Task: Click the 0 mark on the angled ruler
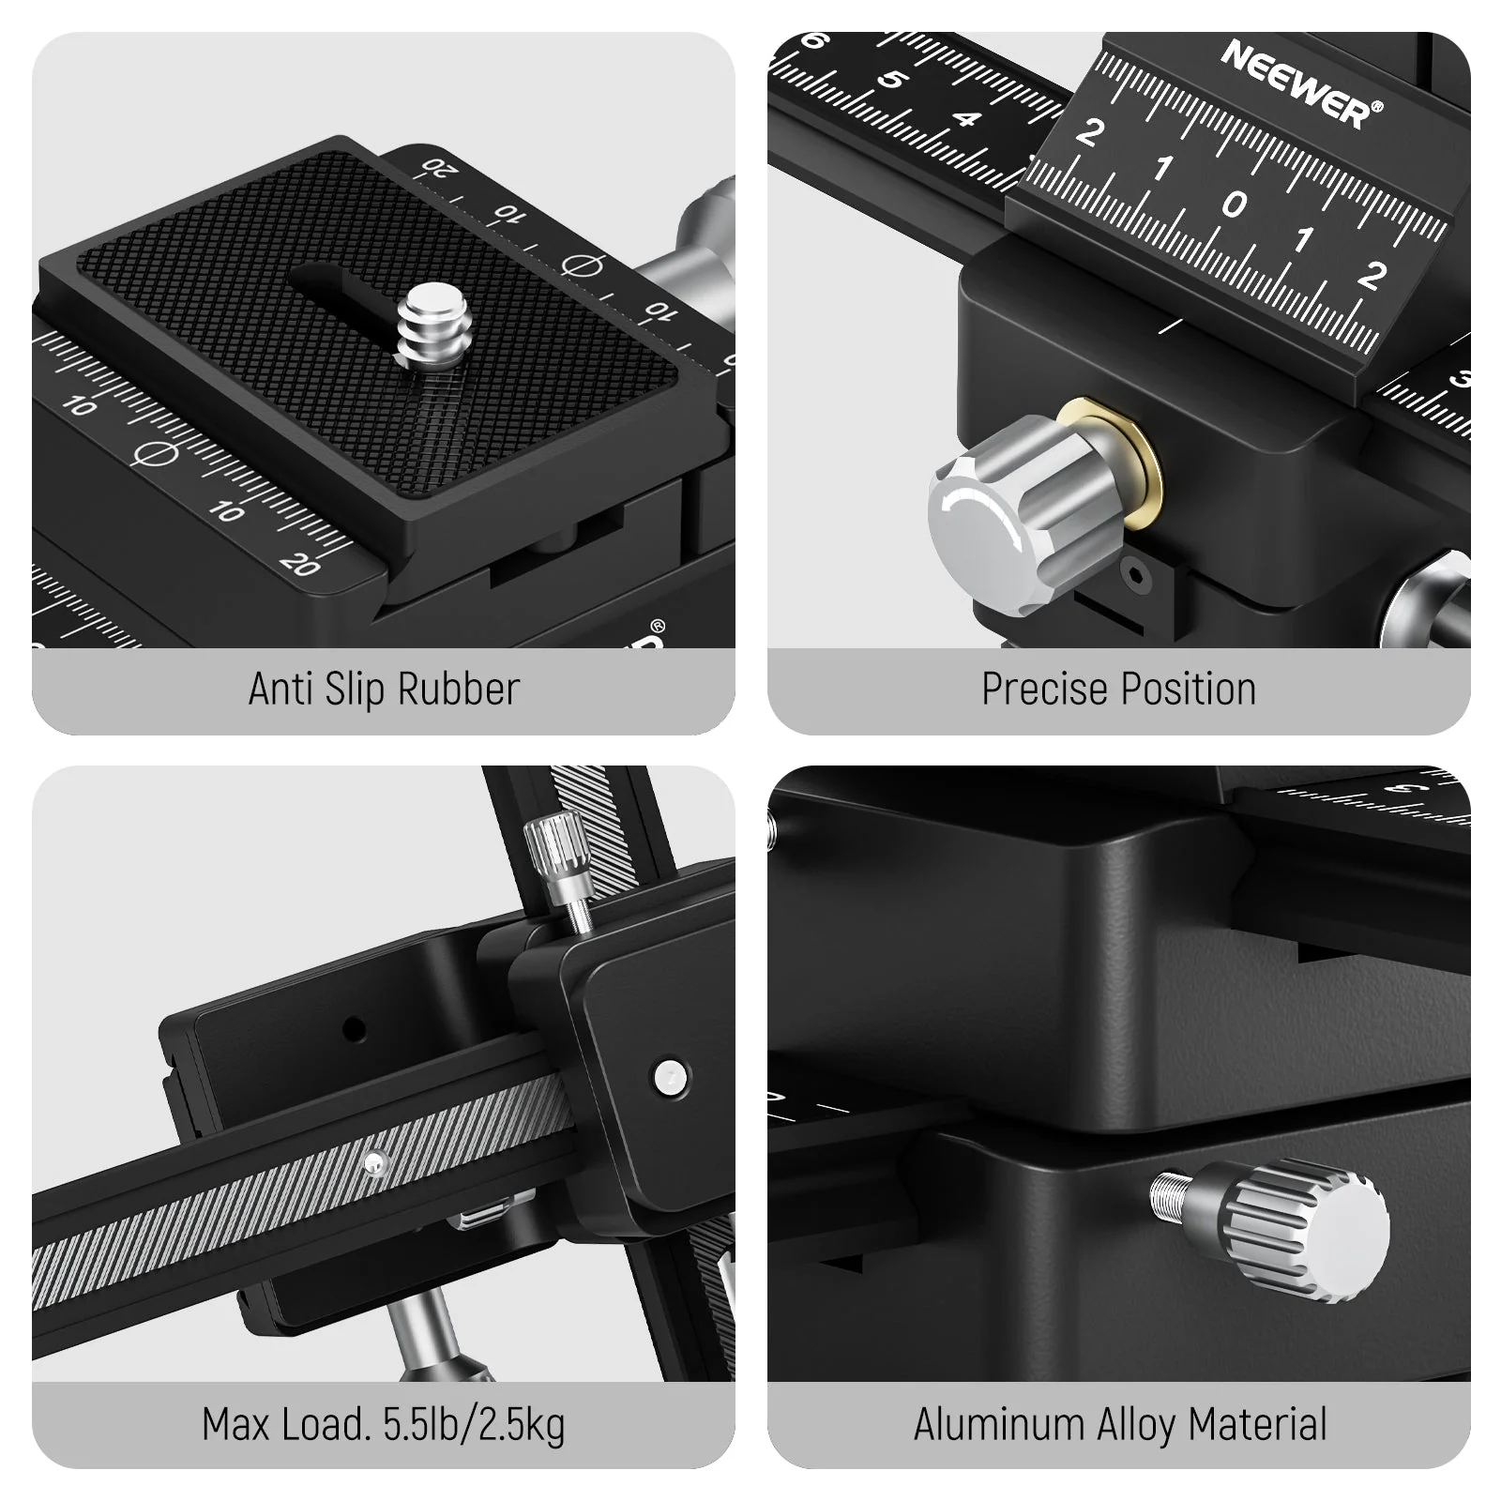[1234, 205]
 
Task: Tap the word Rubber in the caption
[458, 690]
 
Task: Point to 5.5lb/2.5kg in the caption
[474, 1425]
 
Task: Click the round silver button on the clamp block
[670, 1076]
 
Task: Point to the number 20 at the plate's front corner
[300, 563]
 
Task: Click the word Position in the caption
[1188, 690]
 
